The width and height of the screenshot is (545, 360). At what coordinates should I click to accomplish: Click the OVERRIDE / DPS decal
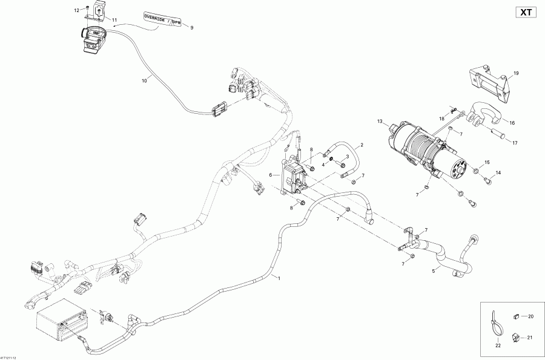click(162, 18)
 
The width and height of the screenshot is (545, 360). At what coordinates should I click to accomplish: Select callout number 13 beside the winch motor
click(380, 122)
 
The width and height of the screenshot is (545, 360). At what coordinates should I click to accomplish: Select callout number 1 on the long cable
click(279, 278)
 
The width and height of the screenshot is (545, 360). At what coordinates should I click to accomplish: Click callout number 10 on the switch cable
click(144, 79)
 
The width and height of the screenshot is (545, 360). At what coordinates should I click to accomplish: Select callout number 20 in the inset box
click(531, 316)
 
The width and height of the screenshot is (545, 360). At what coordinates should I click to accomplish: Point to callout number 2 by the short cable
click(362, 145)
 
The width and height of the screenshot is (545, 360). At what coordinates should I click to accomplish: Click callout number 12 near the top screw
click(76, 11)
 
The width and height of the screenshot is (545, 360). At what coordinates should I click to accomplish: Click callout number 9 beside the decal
click(192, 28)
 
